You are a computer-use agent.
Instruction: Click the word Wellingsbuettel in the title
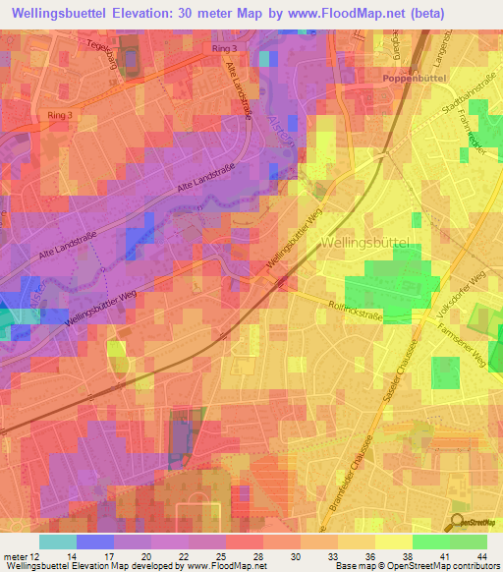click(75, 14)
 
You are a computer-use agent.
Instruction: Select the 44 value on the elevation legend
click(481, 556)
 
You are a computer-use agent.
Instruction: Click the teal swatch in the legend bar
click(58, 542)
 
